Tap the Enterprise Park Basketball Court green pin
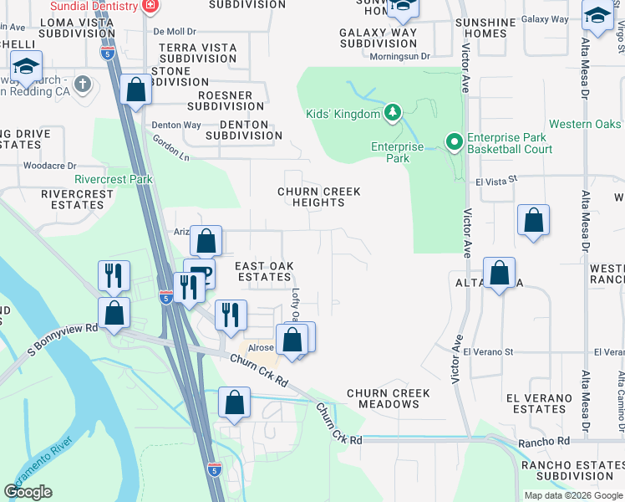[x=455, y=143]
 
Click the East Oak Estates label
[x=264, y=271]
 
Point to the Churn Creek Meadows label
[x=389, y=398]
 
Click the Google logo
[x=28, y=491]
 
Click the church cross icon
[x=82, y=84]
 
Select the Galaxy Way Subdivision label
[x=379, y=38]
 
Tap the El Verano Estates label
[x=540, y=403]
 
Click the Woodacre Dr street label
[x=50, y=166]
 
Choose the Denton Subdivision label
[x=237, y=130]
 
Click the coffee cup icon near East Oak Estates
[x=201, y=270]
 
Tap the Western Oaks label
[x=585, y=125]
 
